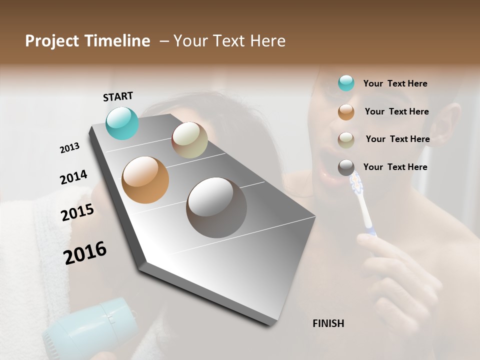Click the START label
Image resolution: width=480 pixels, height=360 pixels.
coord(118,96)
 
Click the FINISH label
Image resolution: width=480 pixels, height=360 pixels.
coord(328,323)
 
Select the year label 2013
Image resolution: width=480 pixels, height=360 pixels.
coord(69,148)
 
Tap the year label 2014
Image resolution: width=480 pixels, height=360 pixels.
coord(73,177)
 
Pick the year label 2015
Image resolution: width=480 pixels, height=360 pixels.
coord(77,212)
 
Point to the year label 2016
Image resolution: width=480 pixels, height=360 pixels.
coord(85,253)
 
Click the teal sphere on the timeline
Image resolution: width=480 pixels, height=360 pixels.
coord(122,123)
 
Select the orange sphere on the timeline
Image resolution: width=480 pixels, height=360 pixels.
coord(145,180)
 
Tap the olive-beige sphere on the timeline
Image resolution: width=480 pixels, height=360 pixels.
coord(189,140)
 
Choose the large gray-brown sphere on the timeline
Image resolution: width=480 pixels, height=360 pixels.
coord(216,207)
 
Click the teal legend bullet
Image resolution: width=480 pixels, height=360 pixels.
coord(346,83)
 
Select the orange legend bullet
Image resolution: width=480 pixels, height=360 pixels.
coord(346,112)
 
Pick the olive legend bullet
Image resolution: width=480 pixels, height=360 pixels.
coord(346,139)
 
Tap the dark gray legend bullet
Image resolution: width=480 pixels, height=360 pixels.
coord(346,167)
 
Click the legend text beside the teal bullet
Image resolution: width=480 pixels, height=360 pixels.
coord(395,83)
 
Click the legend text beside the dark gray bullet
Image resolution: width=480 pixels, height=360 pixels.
coord(395,167)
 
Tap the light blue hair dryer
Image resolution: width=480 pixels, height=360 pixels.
coord(90,327)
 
